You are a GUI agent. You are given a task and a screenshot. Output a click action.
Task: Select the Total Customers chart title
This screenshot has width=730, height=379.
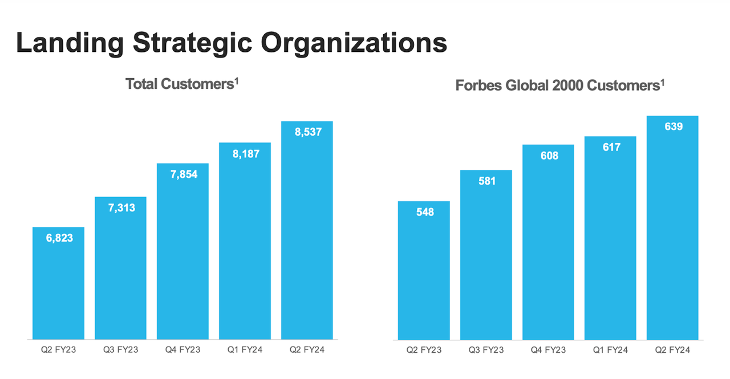point(182,84)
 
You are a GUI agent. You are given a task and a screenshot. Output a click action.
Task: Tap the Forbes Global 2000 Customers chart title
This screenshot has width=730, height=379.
point(560,85)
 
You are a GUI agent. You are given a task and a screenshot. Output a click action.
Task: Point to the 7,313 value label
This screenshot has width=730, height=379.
point(120,208)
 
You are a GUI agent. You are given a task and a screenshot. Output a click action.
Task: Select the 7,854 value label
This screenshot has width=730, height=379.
point(182,174)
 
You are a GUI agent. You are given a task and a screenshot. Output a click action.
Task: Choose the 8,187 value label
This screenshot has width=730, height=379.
point(245,154)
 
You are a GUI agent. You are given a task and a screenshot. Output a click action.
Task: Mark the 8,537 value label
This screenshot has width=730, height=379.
point(307,132)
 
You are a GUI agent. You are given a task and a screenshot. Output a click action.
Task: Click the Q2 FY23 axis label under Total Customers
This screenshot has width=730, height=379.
point(58,350)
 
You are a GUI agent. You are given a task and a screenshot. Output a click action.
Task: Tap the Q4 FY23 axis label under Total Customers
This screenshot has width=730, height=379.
point(182,350)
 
